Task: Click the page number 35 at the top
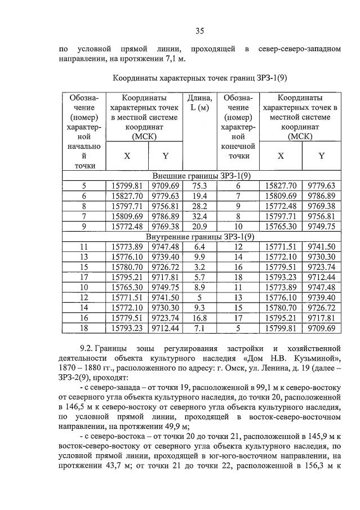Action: pos(199,30)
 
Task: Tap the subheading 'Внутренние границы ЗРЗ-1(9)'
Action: pos(200,237)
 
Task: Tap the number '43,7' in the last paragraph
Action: pos(117,470)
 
